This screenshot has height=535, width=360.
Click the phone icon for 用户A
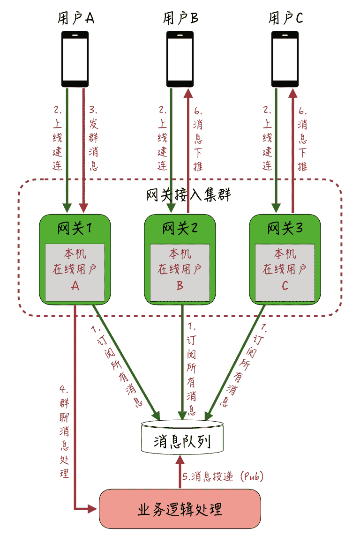click(75, 59)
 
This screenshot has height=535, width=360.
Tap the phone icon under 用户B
click(180, 59)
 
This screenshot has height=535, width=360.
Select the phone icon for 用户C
click(285, 59)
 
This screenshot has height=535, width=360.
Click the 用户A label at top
click(75, 18)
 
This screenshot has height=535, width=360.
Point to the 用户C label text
click(285, 18)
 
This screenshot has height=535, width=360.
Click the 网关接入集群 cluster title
click(189, 194)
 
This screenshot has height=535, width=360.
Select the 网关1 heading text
click(75, 229)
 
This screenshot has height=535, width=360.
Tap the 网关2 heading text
click(180, 229)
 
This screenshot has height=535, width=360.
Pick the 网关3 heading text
click(285, 229)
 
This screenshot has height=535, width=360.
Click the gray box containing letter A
click(75, 272)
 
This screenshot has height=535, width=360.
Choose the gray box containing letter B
click(180, 272)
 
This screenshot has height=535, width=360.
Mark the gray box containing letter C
click(285, 272)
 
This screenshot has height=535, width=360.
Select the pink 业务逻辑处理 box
click(180, 509)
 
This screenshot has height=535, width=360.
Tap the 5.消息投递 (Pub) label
click(223, 477)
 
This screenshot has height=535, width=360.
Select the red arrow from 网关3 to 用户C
click(293, 150)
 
